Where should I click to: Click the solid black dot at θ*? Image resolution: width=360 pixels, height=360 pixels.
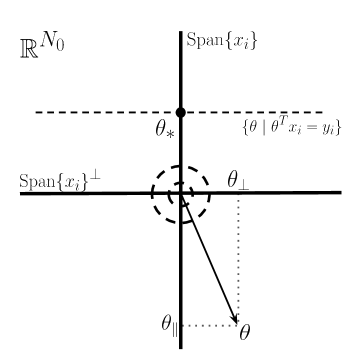pyautogui.click(x=181, y=112)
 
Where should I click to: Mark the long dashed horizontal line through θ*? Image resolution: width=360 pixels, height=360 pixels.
pyautogui.click(x=90, y=112)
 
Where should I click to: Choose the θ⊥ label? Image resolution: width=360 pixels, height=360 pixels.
pyautogui.click(x=238, y=180)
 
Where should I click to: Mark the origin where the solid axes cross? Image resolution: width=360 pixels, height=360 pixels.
pyautogui.click(x=181, y=193)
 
